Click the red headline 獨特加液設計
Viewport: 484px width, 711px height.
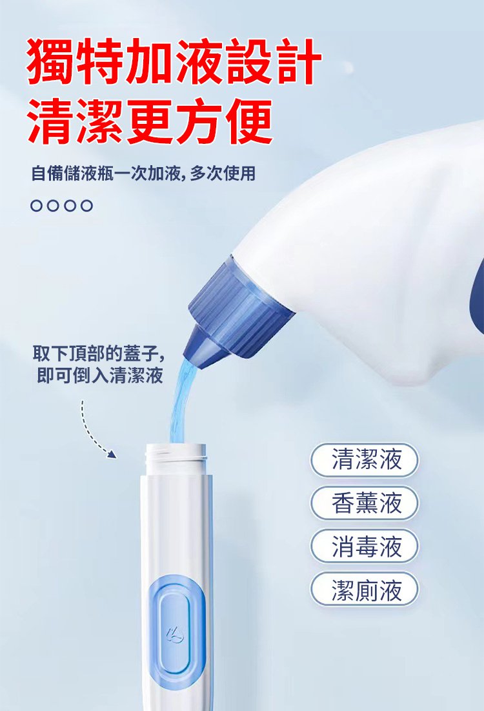tap(174, 61)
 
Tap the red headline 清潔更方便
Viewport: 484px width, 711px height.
tap(150, 121)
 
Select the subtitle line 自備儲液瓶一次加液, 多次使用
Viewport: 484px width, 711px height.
tap(143, 173)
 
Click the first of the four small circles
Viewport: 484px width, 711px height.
tap(37, 206)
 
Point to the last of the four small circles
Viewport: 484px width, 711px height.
tap(86, 206)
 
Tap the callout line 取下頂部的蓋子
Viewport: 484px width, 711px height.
tap(99, 354)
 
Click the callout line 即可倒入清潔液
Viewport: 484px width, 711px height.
tap(100, 376)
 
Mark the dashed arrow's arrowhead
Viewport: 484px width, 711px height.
tap(112, 454)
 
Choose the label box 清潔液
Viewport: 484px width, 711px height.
tap(364, 460)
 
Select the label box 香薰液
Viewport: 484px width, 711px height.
tap(364, 503)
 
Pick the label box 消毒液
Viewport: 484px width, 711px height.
tap(364, 546)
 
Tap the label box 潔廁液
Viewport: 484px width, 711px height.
tap(364, 589)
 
